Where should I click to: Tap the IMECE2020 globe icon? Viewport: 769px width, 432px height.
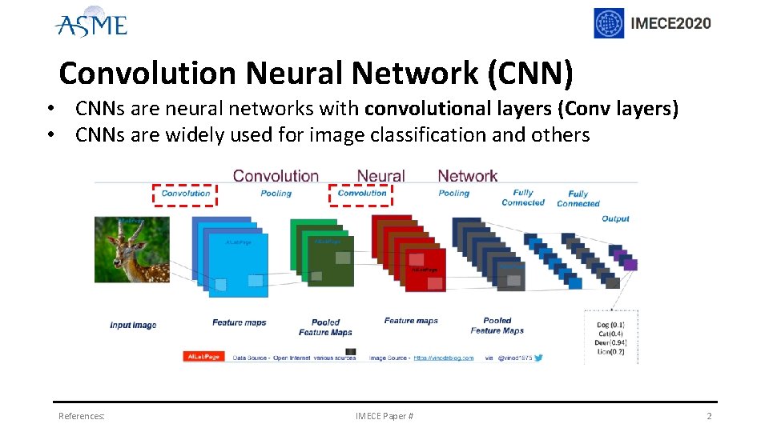coord(609,23)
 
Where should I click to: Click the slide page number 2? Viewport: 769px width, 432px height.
coord(708,416)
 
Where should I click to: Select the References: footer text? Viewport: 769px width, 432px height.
coord(81,416)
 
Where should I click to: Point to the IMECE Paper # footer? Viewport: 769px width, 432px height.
coord(384,416)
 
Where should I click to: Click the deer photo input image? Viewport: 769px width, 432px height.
coord(132,249)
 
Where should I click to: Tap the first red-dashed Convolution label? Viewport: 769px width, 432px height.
coord(186,193)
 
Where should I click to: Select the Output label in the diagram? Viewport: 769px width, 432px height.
coord(615,218)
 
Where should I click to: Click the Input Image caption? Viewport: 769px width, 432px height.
coord(133,325)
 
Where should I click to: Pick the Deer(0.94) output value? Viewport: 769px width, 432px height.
coord(610,342)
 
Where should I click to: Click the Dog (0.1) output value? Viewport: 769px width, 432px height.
coord(610,325)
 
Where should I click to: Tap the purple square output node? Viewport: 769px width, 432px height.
coord(630,264)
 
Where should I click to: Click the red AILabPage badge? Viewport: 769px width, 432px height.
coord(203,357)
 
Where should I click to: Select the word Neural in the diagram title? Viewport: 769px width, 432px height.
coord(380,175)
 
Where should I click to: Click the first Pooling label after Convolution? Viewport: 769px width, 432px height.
coord(276,193)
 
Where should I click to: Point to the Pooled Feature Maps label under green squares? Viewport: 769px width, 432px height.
coord(325,327)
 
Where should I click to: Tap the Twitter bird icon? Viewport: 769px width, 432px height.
coord(538,357)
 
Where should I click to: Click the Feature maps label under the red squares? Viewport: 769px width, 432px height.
coord(411,321)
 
